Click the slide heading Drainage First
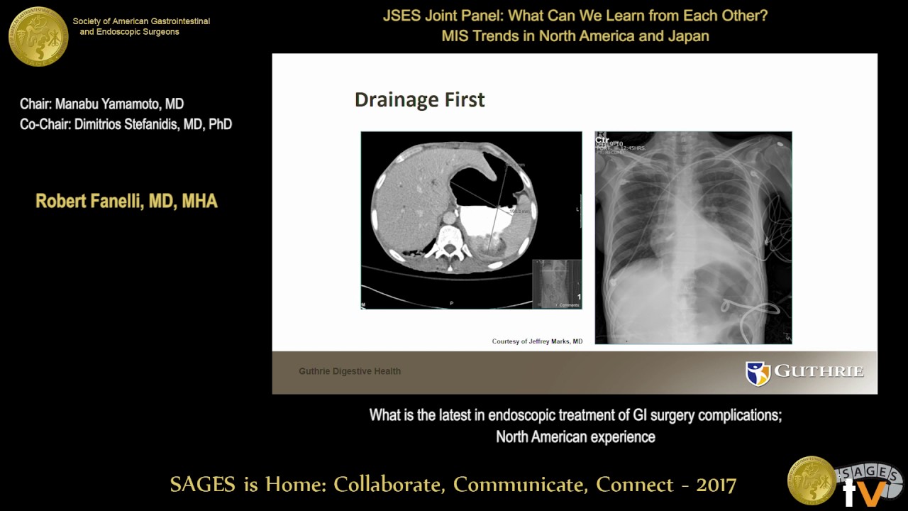pyautogui.click(x=419, y=100)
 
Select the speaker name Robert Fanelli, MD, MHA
pyautogui.click(x=126, y=202)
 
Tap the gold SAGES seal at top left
pyautogui.click(x=38, y=36)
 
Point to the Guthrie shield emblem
pyautogui.click(x=758, y=373)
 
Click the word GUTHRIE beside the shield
pyautogui.click(x=819, y=371)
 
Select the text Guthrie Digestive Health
pyautogui.click(x=350, y=371)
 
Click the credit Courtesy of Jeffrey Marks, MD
pyautogui.click(x=537, y=341)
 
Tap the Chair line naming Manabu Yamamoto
pyautogui.click(x=102, y=104)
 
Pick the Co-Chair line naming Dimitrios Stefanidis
pyautogui.click(x=126, y=124)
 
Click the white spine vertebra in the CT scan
pyautogui.click(x=448, y=240)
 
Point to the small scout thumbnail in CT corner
pyautogui.click(x=556, y=283)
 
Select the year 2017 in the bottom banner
pyautogui.click(x=716, y=485)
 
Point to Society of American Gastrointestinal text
pyautogui.click(x=141, y=21)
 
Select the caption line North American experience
pyautogui.click(x=575, y=436)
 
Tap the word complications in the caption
pyautogui.click(x=738, y=415)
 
